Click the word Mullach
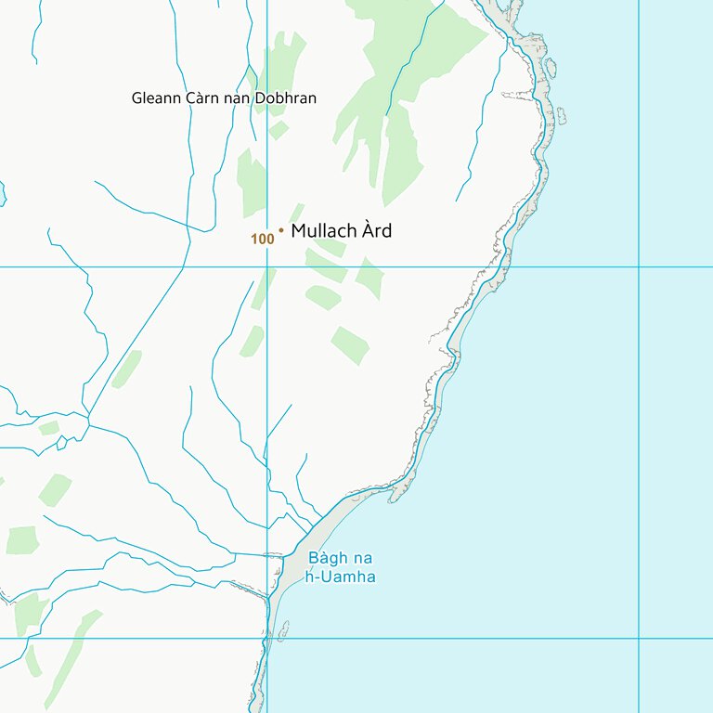(x=325, y=231)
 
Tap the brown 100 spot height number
(x=263, y=240)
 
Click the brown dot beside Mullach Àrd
(x=280, y=228)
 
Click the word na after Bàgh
(x=361, y=559)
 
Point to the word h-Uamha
(x=341, y=577)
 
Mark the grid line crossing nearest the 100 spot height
(x=267, y=267)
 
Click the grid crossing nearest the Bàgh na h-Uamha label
(x=267, y=639)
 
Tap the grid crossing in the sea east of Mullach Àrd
(x=639, y=267)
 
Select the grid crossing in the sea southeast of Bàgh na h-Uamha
(x=639, y=639)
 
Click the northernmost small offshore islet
(x=551, y=67)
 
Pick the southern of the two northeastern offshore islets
(x=561, y=116)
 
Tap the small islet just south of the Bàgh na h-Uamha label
(x=282, y=629)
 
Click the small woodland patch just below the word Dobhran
(x=278, y=130)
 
